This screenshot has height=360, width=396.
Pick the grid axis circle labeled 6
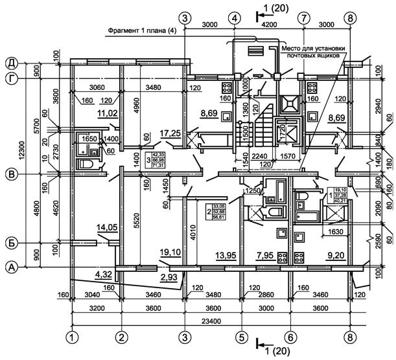pyautogui.click(x=291, y=337)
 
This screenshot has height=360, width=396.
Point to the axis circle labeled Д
pyautogui.click(x=11, y=63)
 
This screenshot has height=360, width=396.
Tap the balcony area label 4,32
pyautogui.click(x=104, y=275)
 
